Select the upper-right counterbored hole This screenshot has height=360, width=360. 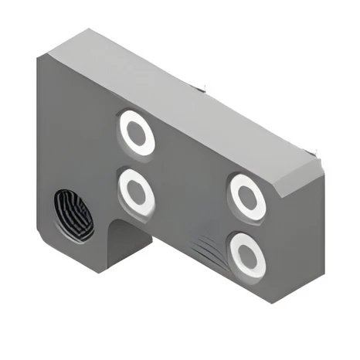pos(247,196)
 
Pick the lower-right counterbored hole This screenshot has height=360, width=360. pos(247,253)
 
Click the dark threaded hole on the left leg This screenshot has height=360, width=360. pos(73,216)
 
